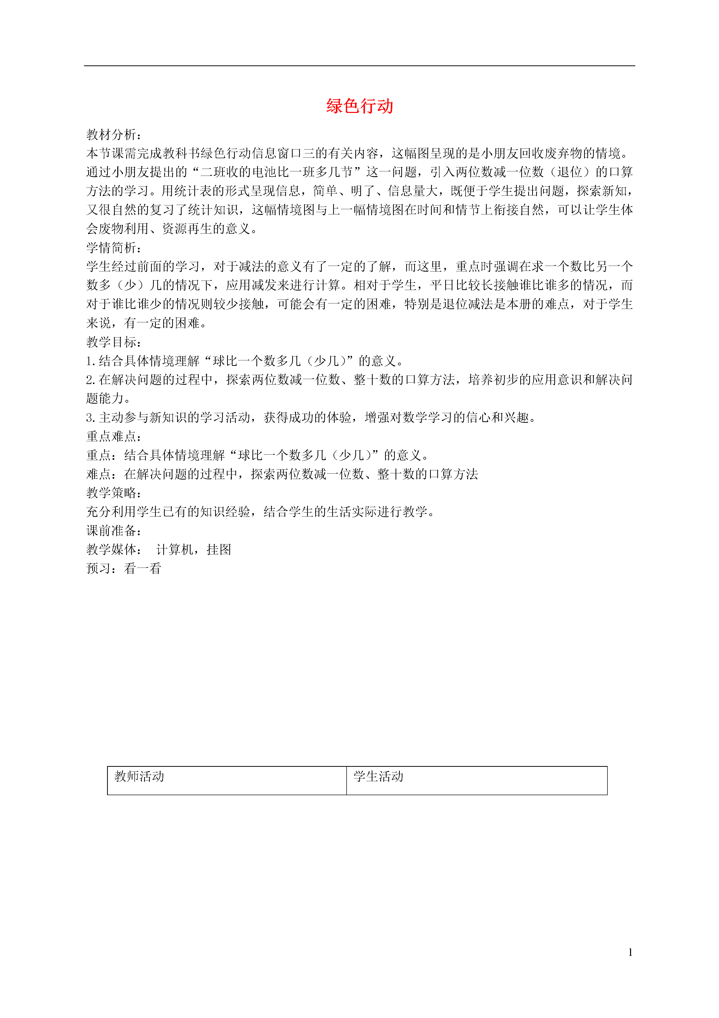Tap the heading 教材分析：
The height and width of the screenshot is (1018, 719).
[x=114, y=134]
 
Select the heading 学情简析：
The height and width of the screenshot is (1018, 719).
[x=114, y=247]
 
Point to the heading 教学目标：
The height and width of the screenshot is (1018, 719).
[x=114, y=342]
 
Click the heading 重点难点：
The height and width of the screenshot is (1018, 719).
[x=114, y=436]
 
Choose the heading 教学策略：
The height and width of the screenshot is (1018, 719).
[x=114, y=493]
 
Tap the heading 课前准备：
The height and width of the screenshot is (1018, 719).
[x=114, y=530]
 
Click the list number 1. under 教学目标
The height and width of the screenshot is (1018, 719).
[x=91, y=361]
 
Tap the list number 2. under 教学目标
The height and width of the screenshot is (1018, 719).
[x=91, y=380]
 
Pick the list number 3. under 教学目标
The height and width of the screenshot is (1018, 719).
[x=91, y=417]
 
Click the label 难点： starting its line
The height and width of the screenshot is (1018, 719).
[x=105, y=474]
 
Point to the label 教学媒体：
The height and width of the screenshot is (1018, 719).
[x=114, y=549]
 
